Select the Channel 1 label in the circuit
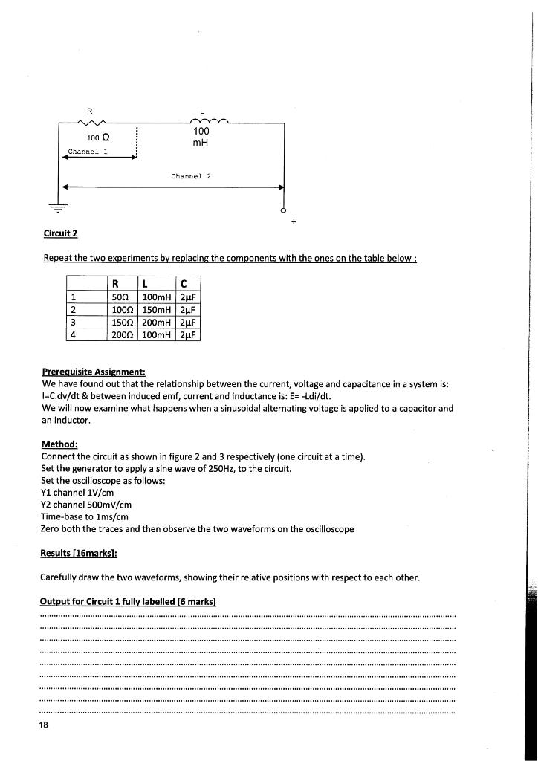point(88,152)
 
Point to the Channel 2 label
point(191,176)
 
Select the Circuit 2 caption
point(61,233)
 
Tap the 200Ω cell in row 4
point(120,334)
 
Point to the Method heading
point(60,444)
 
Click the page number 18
point(45,725)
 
